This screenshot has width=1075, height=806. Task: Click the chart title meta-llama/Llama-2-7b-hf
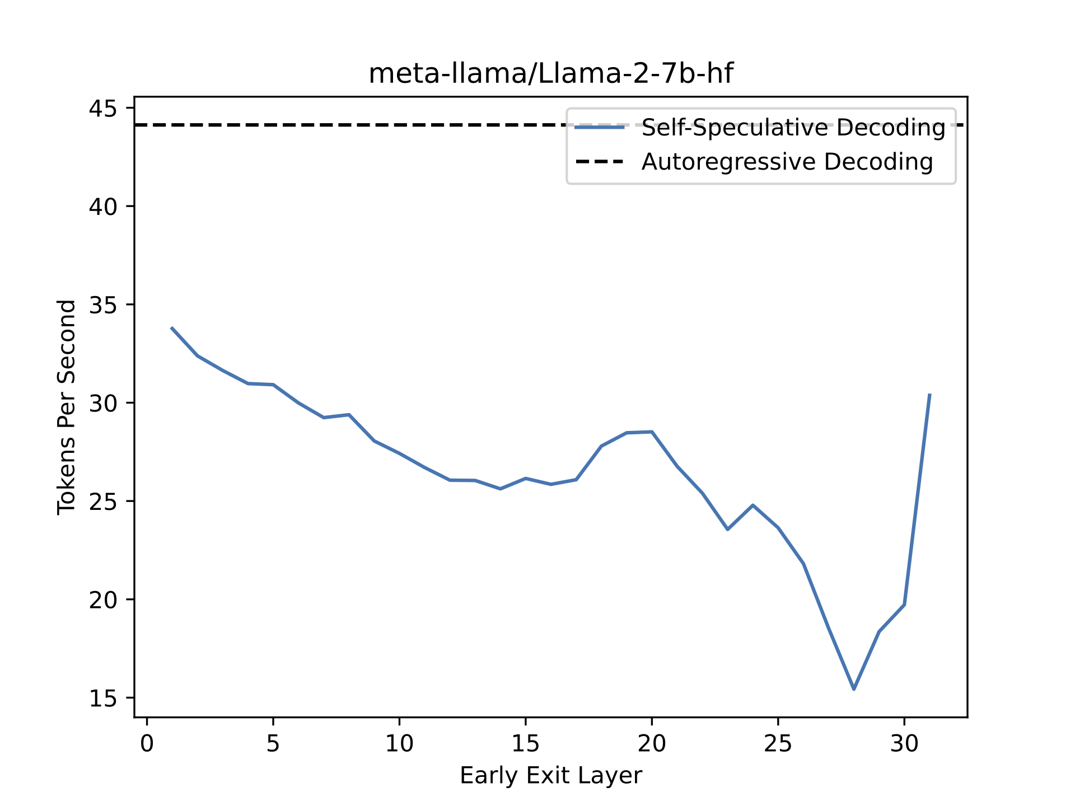(550, 74)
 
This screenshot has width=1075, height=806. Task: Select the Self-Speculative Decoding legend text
(793, 128)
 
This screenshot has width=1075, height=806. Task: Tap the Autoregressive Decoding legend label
(787, 162)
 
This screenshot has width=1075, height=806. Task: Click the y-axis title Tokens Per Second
(67, 407)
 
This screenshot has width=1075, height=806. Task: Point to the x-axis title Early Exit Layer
(550, 776)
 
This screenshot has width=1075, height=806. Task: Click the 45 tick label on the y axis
(103, 108)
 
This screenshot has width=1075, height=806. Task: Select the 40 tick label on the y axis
(103, 207)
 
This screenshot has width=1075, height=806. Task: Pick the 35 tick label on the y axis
(103, 305)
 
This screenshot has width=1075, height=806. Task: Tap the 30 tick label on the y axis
(103, 403)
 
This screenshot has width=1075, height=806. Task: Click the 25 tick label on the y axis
(103, 502)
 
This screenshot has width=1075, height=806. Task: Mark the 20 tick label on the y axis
(103, 599)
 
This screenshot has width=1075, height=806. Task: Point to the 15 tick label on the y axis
(103, 698)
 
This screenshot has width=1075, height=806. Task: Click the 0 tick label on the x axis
(147, 744)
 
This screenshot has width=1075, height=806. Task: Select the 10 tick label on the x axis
(399, 744)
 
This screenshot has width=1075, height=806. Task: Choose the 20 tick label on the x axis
(652, 744)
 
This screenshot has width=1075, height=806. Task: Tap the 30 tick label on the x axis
(904, 744)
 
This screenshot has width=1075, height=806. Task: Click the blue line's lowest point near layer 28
(854, 689)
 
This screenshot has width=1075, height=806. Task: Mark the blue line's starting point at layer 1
(172, 328)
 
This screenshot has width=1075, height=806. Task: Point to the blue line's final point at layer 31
(929, 395)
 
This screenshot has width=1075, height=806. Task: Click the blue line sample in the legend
(599, 128)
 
